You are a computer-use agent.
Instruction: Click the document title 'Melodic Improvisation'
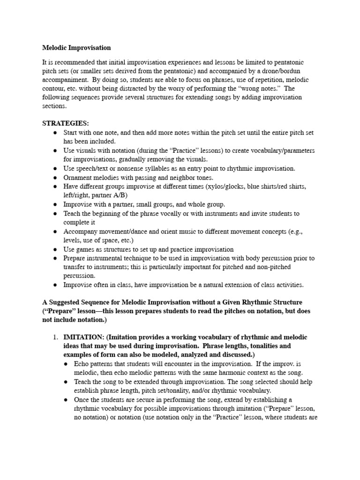[x=76, y=48]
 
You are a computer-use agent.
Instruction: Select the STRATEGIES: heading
[x=65, y=123]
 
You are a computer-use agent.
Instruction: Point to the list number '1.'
[x=55, y=337]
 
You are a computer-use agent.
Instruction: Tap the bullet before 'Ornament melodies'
[x=55, y=178]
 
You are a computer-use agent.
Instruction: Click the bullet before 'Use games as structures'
[x=55, y=249]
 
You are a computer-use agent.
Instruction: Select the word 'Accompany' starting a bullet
[x=80, y=231]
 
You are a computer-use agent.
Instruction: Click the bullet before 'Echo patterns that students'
[x=66, y=364]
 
